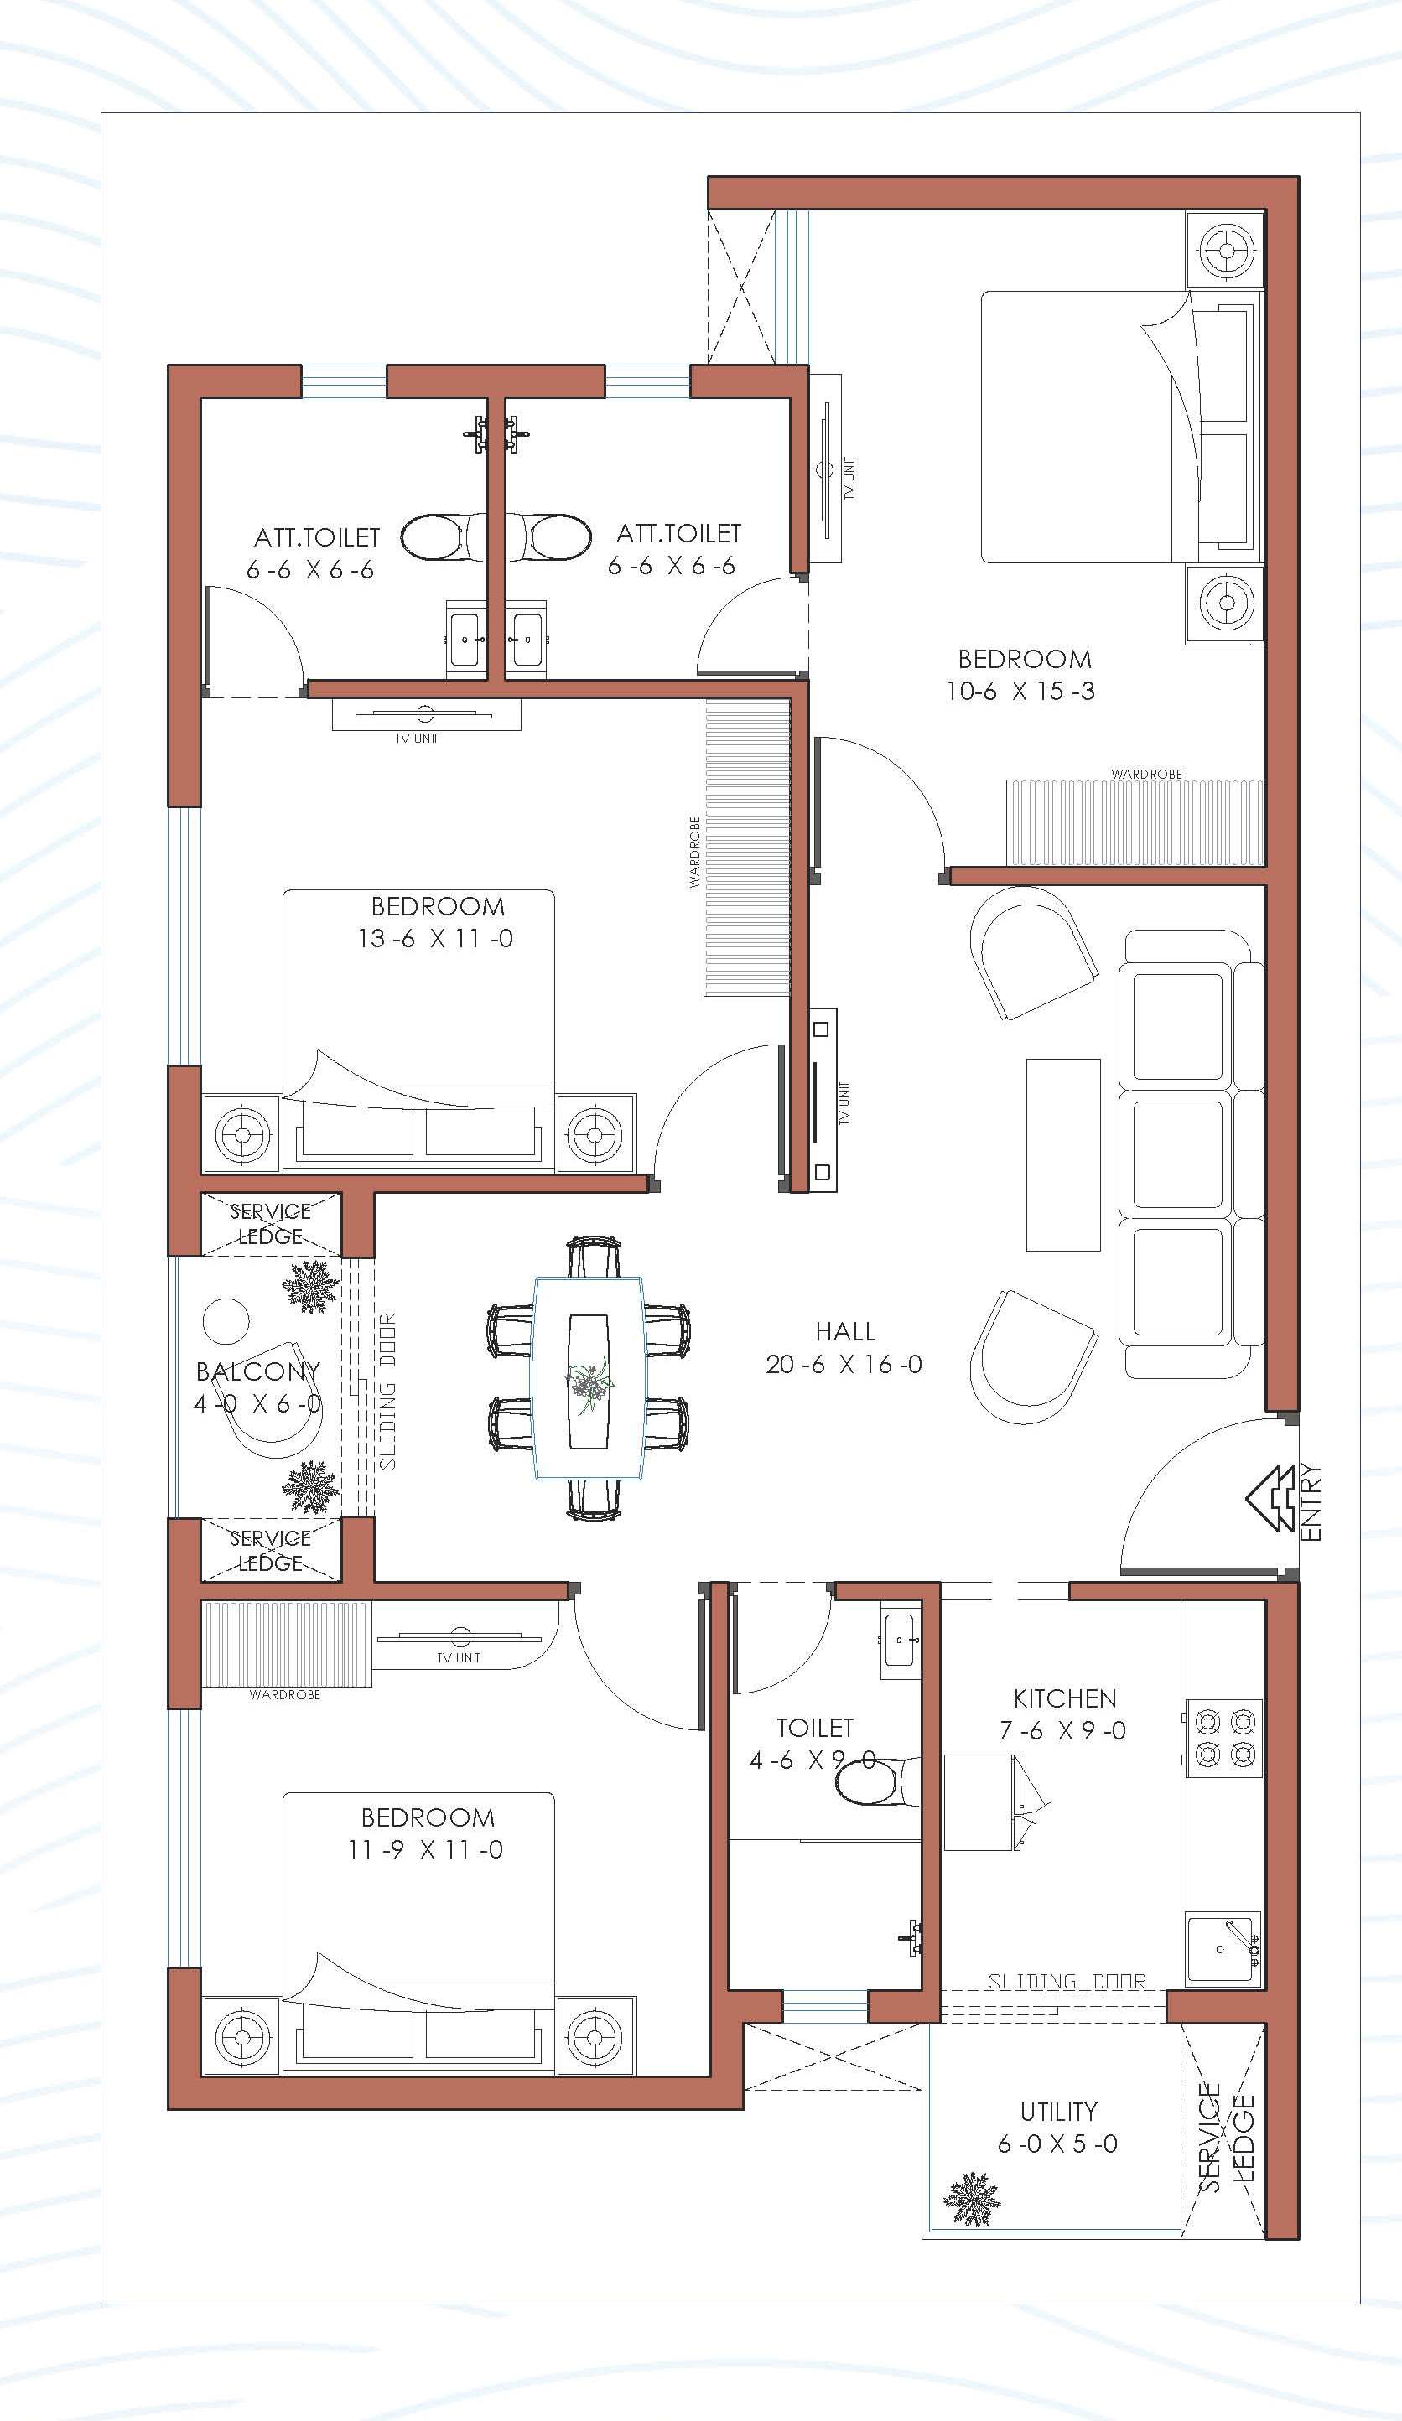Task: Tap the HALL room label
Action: pyautogui.click(x=845, y=1331)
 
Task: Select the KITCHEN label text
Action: pyautogui.click(x=1065, y=1698)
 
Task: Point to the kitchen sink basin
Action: pyautogui.click(x=1220, y=1949)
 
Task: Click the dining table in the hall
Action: pyautogui.click(x=588, y=1376)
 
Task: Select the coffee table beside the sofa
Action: pyautogui.click(x=1062, y=1155)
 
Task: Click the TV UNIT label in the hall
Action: pyautogui.click(x=844, y=1103)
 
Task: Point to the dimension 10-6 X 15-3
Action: pyautogui.click(x=1020, y=691)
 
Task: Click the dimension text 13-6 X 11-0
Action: pyautogui.click(x=435, y=938)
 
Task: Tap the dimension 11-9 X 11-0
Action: pyautogui.click(x=426, y=1849)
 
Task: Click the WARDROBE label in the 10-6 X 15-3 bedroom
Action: pyautogui.click(x=1146, y=774)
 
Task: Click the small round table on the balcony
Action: pyautogui.click(x=226, y=1321)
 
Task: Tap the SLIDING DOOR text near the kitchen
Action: pyautogui.click(x=1067, y=1981)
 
